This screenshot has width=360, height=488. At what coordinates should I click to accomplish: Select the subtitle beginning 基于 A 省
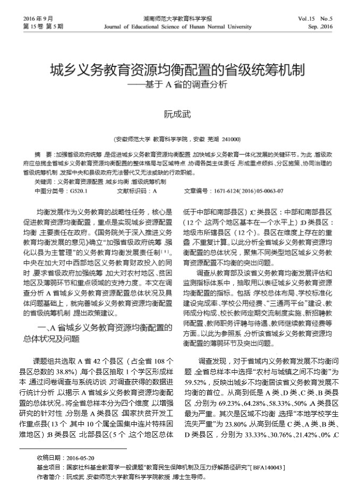pyautogui.click(x=180, y=84)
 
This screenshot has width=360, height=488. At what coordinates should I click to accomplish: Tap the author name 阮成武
pyautogui.click(x=176, y=113)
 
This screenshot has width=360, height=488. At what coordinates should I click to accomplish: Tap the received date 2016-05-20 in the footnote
pyautogui.click(x=81, y=457)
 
